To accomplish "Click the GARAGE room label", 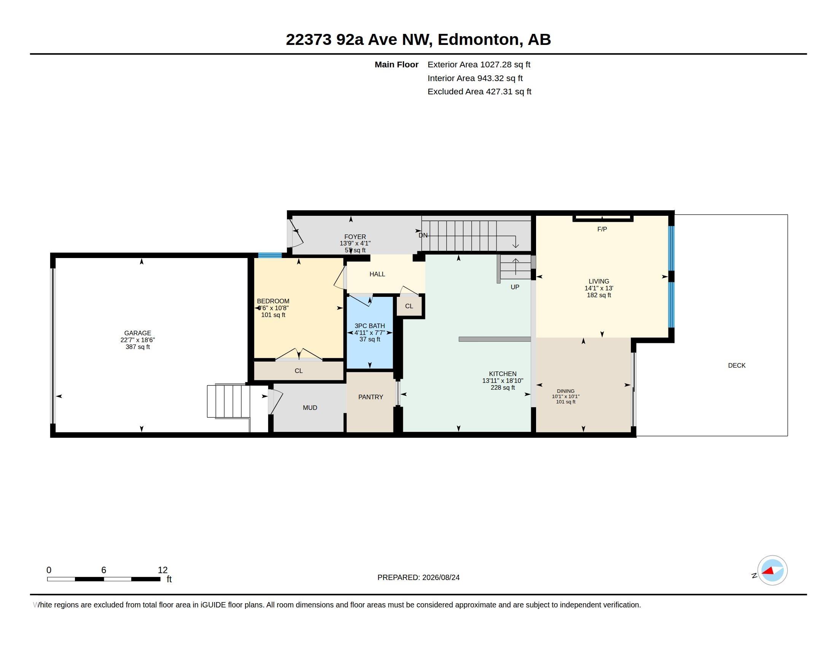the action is tap(138, 333).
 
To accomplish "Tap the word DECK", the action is tap(737, 365).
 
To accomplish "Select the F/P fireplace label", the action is tap(602, 229).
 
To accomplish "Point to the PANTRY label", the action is tap(371, 397).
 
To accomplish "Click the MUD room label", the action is tap(310, 408).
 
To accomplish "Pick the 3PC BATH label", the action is tap(370, 326).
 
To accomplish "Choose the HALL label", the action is tap(377, 274).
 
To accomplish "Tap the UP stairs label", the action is tap(515, 287).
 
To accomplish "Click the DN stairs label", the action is tap(423, 235).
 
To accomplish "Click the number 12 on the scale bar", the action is tap(162, 570).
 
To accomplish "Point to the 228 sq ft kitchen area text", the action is tap(503, 387).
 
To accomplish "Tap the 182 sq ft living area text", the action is tap(599, 295).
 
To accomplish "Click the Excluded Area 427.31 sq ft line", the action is tap(479, 92).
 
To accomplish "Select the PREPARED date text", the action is tap(418, 577).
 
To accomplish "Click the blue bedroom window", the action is tap(270, 255).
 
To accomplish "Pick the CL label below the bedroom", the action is tap(299, 371).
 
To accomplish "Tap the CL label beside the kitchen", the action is tap(409, 306).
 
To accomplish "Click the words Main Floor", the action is tap(397, 65).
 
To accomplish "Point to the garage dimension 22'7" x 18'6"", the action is tap(138, 340).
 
